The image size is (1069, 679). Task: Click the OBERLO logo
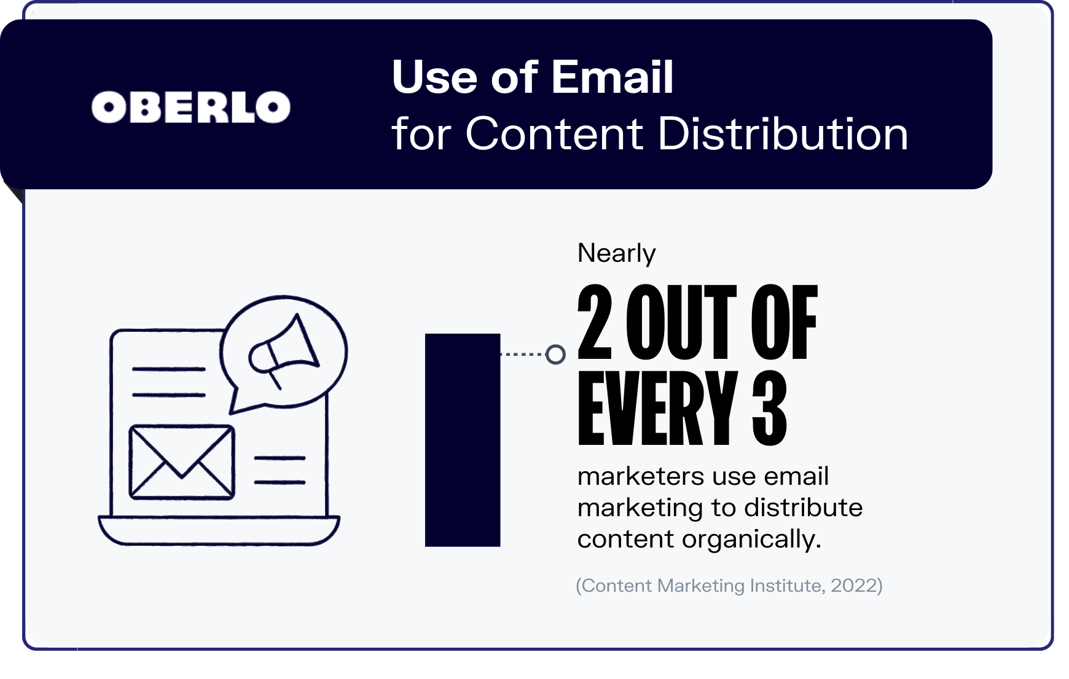pos(191,108)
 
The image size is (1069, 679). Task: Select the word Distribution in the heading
pos(783,133)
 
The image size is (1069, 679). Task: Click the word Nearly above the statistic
pos(616,253)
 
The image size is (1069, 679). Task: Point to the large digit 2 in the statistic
pos(595,322)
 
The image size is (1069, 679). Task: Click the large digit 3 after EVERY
pos(769,408)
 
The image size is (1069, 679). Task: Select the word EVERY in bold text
pos(657,408)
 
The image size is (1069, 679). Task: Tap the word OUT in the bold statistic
pos(681,322)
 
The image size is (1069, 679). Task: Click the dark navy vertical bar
pos(463,440)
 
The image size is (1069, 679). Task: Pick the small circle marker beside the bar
pos(555,355)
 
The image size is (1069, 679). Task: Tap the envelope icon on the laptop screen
pos(182,462)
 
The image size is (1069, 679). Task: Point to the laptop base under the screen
pos(219,530)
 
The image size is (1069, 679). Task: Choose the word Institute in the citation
pos(786,586)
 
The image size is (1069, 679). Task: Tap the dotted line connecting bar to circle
pos(523,355)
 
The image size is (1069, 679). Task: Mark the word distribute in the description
pos(803,508)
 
